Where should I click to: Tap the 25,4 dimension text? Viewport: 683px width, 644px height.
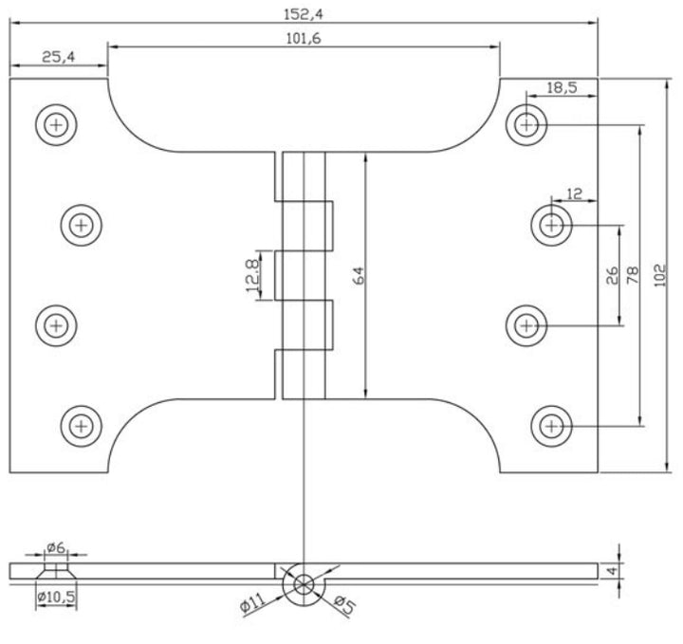click(57, 57)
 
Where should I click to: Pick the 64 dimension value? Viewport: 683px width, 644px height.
click(358, 275)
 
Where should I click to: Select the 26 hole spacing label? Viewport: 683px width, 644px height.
click(612, 275)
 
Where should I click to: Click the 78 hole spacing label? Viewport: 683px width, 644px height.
click(633, 275)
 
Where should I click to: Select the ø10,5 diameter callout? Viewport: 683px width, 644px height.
click(56, 598)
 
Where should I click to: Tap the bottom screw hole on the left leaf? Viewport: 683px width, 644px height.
click(82, 425)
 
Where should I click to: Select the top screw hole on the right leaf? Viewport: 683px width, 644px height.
click(526, 123)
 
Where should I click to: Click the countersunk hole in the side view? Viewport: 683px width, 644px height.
click(57, 571)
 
